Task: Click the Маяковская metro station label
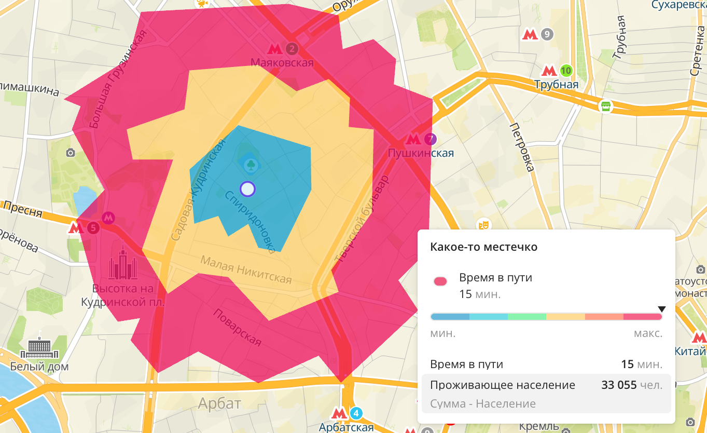(282, 63)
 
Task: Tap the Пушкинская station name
(421, 153)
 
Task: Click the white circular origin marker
(248, 189)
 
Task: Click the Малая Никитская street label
(246, 269)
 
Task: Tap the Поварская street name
(237, 328)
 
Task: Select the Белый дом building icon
(39, 346)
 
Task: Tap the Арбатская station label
(346, 427)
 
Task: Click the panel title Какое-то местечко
(483, 247)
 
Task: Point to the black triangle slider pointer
(661, 309)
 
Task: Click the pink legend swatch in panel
(440, 281)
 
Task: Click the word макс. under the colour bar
(648, 333)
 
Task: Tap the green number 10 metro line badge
(566, 70)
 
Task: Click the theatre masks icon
(483, 224)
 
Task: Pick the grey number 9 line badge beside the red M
(546, 35)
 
